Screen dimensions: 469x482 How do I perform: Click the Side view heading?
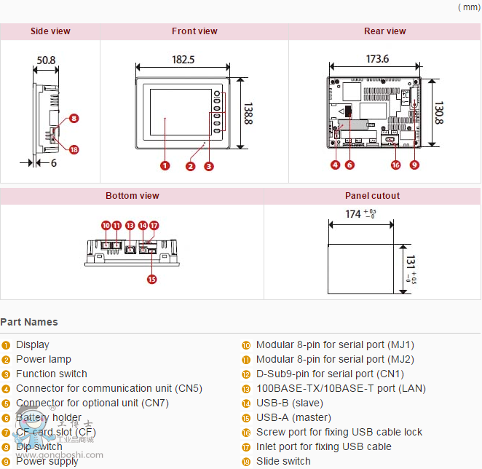(x=50, y=31)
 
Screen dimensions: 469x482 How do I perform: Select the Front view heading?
(x=194, y=31)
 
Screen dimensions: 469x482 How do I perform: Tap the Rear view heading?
(x=384, y=31)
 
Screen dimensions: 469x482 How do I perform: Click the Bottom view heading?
(x=132, y=196)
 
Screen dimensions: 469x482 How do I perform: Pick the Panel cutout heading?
(x=372, y=196)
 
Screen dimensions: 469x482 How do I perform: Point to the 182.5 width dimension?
(x=183, y=60)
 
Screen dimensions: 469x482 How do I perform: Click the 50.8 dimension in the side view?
(x=46, y=60)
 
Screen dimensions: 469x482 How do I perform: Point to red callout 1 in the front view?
(x=165, y=165)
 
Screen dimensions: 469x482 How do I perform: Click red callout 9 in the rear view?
(x=414, y=165)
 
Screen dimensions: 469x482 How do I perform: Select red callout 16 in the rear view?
(x=395, y=165)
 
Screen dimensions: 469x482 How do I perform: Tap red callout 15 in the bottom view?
(x=151, y=278)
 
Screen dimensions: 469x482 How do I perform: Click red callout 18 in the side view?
(x=74, y=149)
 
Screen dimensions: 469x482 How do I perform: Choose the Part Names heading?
(x=29, y=322)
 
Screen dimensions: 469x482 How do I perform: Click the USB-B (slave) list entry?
(x=289, y=403)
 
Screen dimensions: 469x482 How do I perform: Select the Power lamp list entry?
(x=44, y=359)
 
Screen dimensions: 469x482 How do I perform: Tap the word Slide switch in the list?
(x=283, y=461)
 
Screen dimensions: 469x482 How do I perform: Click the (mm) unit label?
(x=468, y=7)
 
